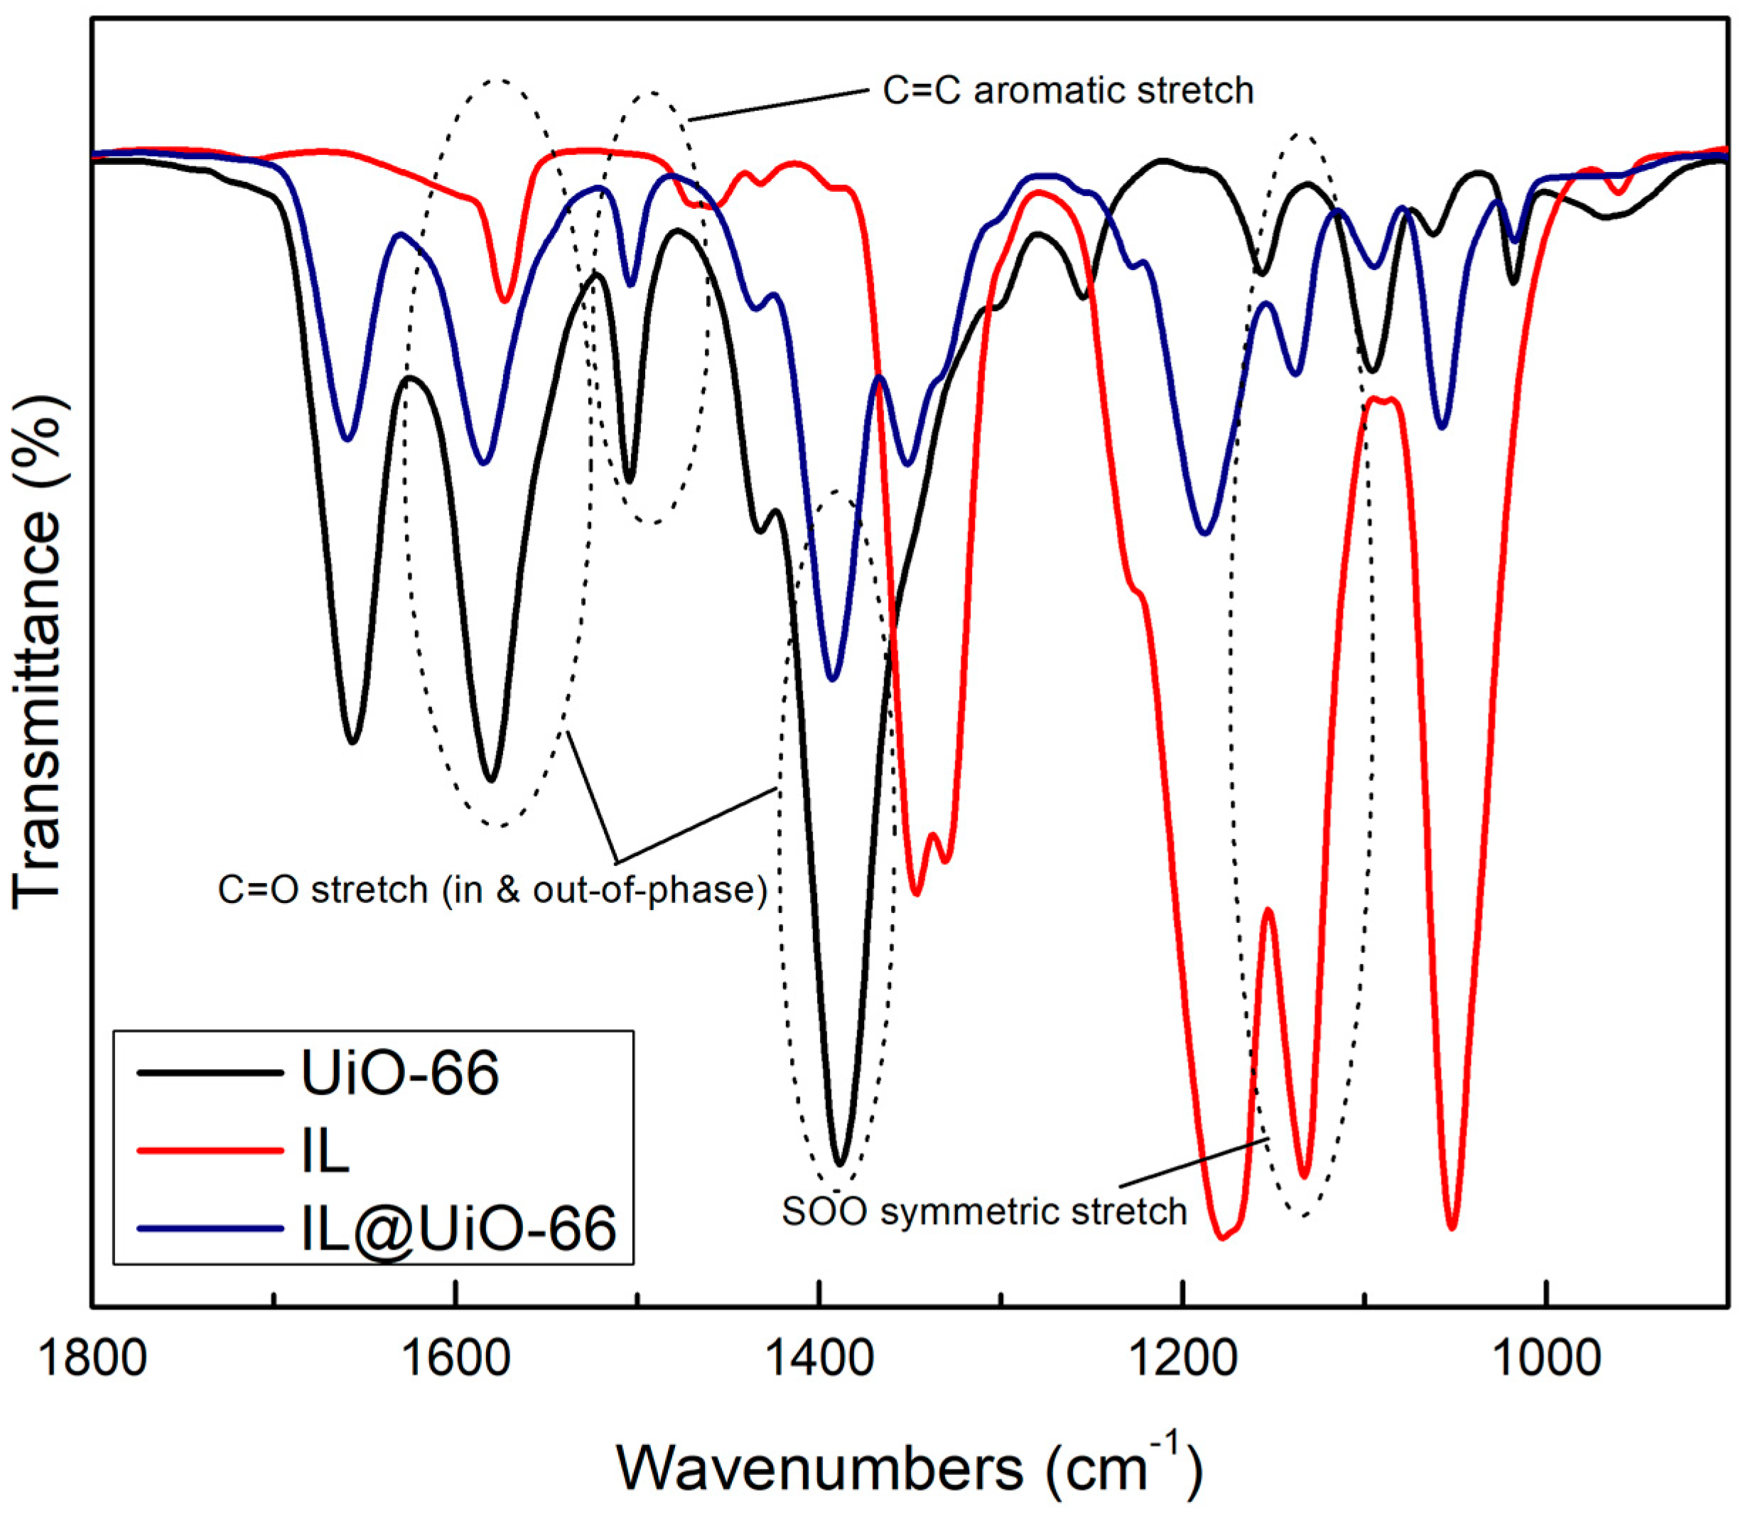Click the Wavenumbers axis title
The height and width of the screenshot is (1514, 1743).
(x=908, y=1469)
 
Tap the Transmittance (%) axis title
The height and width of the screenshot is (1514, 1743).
(x=38, y=655)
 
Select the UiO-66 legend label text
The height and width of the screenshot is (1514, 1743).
(x=399, y=1073)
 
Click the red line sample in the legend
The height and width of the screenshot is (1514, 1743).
(x=210, y=1150)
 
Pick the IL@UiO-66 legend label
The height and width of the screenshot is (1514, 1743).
(x=459, y=1228)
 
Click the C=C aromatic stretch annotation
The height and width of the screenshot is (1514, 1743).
(x=1067, y=90)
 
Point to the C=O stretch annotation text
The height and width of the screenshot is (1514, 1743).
(x=492, y=890)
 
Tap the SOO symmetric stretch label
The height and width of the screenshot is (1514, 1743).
(x=984, y=1211)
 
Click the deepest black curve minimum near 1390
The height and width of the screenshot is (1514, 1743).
(x=839, y=1164)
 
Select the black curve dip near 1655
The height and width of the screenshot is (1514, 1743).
(x=353, y=742)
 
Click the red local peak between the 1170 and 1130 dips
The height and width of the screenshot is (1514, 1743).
(x=1268, y=909)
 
